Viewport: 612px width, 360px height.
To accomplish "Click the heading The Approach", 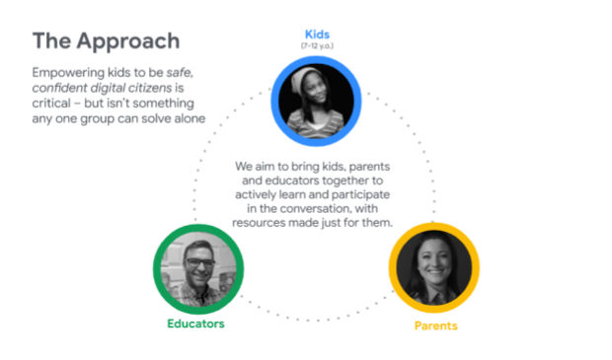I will [x=106, y=41].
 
